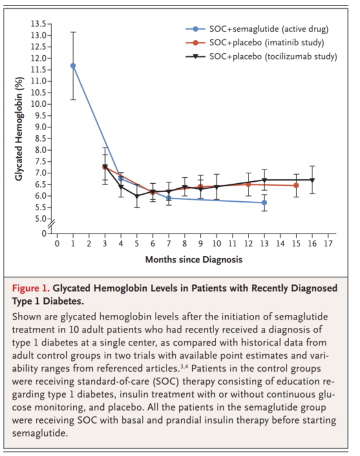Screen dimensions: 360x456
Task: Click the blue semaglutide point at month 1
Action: [x=73, y=66]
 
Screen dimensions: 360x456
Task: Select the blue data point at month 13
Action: [x=264, y=202]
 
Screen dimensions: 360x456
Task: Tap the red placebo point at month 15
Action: [x=296, y=185]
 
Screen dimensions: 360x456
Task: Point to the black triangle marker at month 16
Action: [x=312, y=180]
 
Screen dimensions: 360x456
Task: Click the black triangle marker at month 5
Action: [x=137, y=196]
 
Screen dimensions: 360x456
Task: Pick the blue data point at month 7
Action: [x=169, y=198]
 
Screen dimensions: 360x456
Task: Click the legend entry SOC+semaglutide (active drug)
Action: [x=257, y=29]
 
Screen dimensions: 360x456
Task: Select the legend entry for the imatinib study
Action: [x=255, y=43]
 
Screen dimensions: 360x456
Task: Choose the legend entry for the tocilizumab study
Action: [x=261, y=56]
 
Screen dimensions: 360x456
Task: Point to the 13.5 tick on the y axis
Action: [x=49, y=24]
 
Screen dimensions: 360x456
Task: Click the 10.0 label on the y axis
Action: [x=38, y=104]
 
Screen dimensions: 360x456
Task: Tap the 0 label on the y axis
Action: [x=44, y=234]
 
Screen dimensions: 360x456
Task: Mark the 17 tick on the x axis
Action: [x=328, y=235]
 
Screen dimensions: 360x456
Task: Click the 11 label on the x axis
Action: [x=232, y=244]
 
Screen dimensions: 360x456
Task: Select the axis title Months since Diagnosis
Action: [x=194, y=259]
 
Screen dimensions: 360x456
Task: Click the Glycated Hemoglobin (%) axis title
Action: [x=19, y=129]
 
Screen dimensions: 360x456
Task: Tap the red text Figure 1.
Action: [x=30, y=288]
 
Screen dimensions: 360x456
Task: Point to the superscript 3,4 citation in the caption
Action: [x=184, y=366]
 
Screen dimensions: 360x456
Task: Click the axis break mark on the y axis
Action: [x=51, y=223]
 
